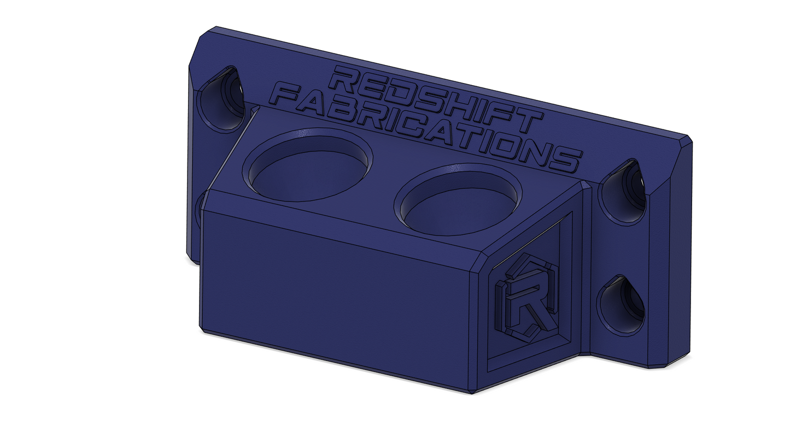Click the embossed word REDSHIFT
tap(312, 99)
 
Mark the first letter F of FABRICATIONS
tap(292, 97)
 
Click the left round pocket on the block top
tap(307, 164)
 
